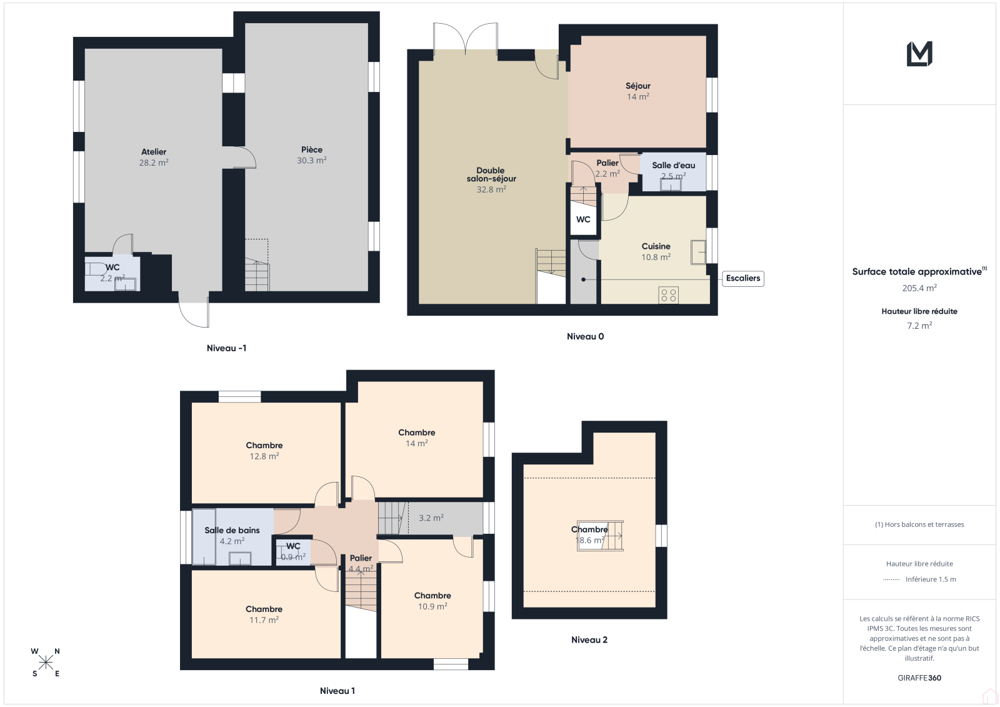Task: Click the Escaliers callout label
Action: [743, 278]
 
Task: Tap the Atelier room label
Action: [154, 152]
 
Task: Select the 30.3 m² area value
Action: [312, 160]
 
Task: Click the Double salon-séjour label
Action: [491, 174]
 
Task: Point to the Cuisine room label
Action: [656, 246]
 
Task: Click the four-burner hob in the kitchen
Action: [668, 295]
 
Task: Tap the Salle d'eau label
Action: [673, 165]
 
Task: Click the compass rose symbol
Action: [46, 663]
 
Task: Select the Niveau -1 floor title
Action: [226, 348]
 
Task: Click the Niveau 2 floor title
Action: [589, 639]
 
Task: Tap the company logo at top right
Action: [919, 54]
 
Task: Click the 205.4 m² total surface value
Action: [919, 288]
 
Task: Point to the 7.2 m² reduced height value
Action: [919, 326]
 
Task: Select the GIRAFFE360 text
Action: [919, 678]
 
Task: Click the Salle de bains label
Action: [232, 530]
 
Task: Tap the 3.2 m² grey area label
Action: [431, 518]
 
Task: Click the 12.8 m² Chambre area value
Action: [264, 456]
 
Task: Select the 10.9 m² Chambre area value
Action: [432, 606]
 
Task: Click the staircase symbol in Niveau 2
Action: [601, 536]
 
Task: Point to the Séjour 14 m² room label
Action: [637, 91]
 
